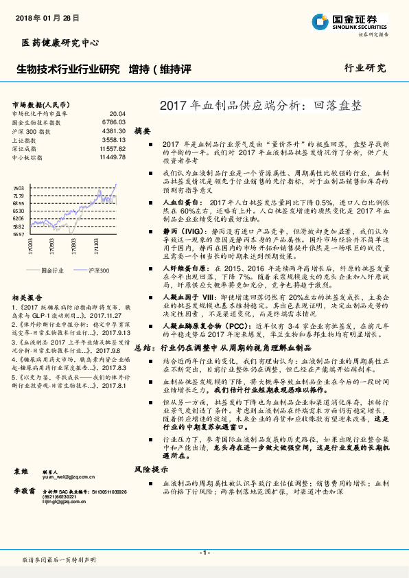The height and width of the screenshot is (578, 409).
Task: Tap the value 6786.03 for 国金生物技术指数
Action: click(114, 122)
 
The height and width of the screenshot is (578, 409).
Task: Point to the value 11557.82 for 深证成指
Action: click(113, 148)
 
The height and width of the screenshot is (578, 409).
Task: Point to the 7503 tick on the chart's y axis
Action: click(19, 187)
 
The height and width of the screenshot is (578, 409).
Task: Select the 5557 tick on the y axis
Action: click(19, 234)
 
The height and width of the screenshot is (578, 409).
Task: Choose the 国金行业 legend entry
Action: click(52, 270)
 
